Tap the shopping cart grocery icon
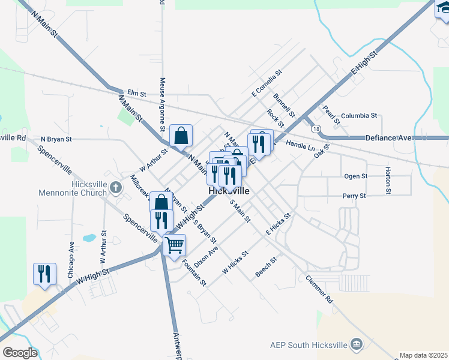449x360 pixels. coord(174,245)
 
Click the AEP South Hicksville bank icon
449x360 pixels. coord(357,344)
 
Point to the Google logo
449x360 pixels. coord(19,353)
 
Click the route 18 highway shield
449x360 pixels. coord(315,129)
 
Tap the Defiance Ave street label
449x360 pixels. coord(388,138)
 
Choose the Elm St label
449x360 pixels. coord(136,94)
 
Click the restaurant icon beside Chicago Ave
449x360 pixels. coord(44,274)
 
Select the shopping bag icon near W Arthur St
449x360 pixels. coord(181,136)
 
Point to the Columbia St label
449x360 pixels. coord(358,115)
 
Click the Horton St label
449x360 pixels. coord(388,181)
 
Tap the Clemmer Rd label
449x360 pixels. coord(319,289)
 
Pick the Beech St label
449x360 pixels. coord(266,268)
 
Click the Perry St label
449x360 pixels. coord(354,196)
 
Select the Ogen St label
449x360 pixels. coord(355,176)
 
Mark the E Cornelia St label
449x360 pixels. coord(267,83)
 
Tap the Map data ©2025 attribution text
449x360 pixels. coord(424,355)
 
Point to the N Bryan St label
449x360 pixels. coord(56,139)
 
